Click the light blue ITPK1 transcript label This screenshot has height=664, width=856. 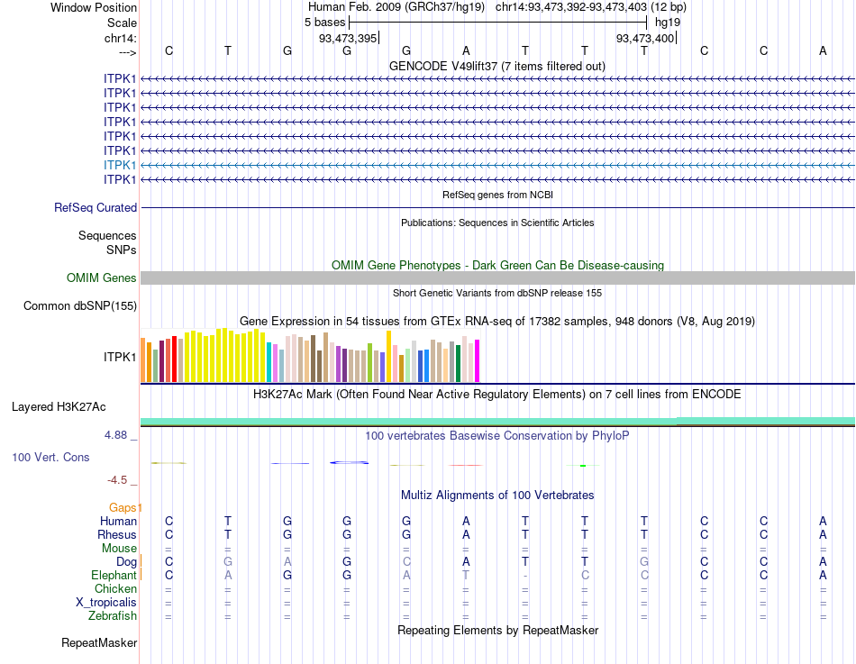point(120,165)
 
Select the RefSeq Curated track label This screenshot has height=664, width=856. point(96,208)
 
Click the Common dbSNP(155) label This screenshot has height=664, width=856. point(80,306)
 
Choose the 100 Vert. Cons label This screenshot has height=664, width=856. point(50,458)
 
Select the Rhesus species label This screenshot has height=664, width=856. point(117,535)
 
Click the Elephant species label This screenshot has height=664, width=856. point(114,576)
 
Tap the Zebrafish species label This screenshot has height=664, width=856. point(113,616)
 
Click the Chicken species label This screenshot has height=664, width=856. point(116,589)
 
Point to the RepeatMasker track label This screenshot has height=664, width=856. point(99,643)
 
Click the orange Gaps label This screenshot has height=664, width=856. point(125,508)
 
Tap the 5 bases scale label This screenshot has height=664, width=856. point(324,22)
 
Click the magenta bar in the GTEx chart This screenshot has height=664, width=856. point(477,360)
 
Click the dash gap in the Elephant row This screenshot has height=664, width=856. point(525,576)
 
